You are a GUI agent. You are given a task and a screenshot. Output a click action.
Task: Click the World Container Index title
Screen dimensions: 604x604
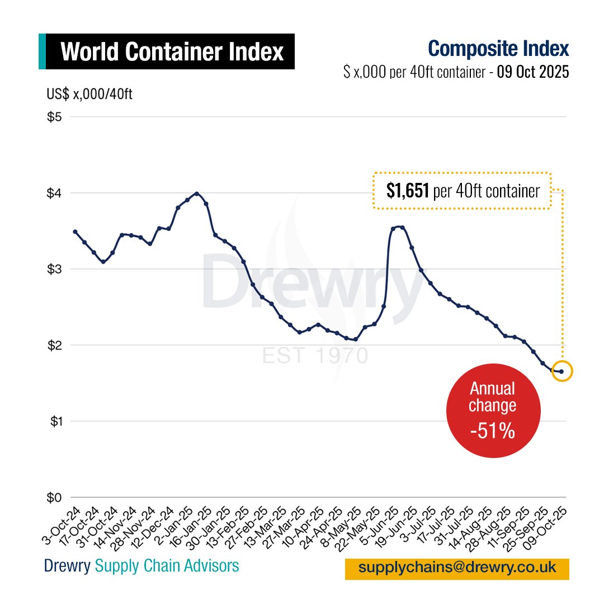click(172, 52)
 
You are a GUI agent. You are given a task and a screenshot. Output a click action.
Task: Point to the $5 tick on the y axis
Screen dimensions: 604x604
click(54, 117)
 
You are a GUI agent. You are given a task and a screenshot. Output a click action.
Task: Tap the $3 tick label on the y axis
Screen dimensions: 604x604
click(54, 269)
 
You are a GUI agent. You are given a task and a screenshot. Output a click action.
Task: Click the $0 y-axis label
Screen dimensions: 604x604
click(54, 497)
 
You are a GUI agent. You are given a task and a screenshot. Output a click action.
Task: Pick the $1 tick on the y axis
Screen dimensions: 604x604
click(54, 421)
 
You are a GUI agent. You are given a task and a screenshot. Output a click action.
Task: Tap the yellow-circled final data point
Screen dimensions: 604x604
click(561, 371)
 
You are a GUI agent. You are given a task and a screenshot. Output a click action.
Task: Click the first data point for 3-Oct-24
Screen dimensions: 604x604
click(75, 232)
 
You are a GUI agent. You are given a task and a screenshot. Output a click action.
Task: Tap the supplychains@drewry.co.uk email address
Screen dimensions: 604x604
click(457, 568)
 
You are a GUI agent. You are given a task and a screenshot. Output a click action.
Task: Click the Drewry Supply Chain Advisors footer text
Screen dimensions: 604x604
click(141, 566)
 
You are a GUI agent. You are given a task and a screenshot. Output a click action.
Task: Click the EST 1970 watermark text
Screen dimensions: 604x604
click(315, 356)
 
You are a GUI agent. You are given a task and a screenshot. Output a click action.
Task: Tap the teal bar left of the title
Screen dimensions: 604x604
click(42, 51)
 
